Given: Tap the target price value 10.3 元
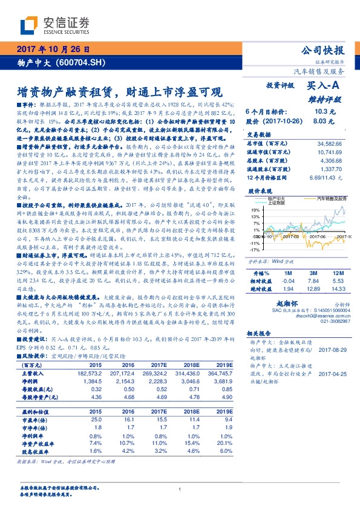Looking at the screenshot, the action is tap(321, 111).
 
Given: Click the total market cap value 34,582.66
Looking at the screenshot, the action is tap(329, 143).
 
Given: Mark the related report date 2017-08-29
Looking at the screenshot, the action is tap(332, 349).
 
